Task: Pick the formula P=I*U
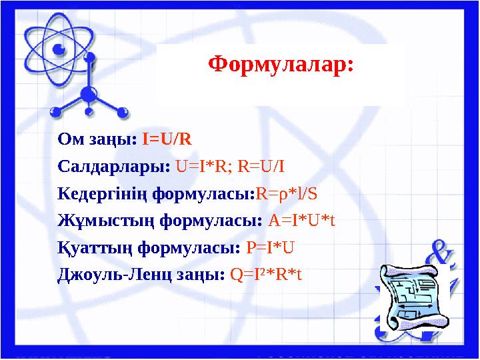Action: coord(271,248)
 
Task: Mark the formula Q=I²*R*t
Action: coord(266,275)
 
